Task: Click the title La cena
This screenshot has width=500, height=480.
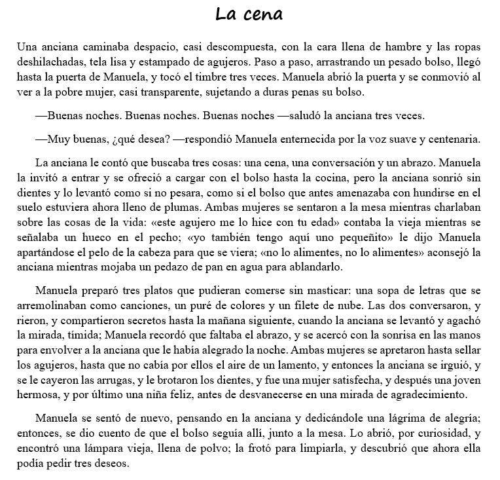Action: [x=249, y=14]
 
